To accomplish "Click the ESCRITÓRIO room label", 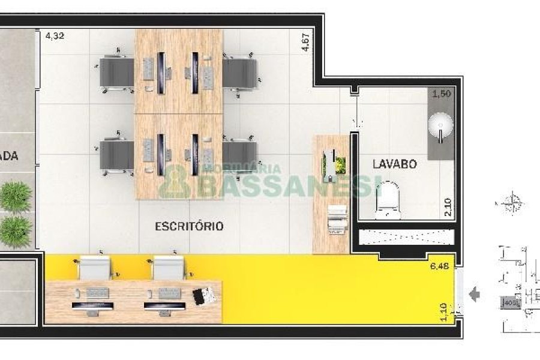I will [x=189, y=226].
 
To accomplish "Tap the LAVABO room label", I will [x=394, y=164].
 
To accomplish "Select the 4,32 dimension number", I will [x=55, y=35].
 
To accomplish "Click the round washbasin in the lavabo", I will [x=441, y=126].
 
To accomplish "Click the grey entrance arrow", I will [x=475, y=295].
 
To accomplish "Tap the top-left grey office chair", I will [x=116, y=73].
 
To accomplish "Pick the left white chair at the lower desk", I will [x=95, y=268].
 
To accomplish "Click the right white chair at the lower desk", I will [x=167, y=268].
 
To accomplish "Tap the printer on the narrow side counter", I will [x=337, y=219].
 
